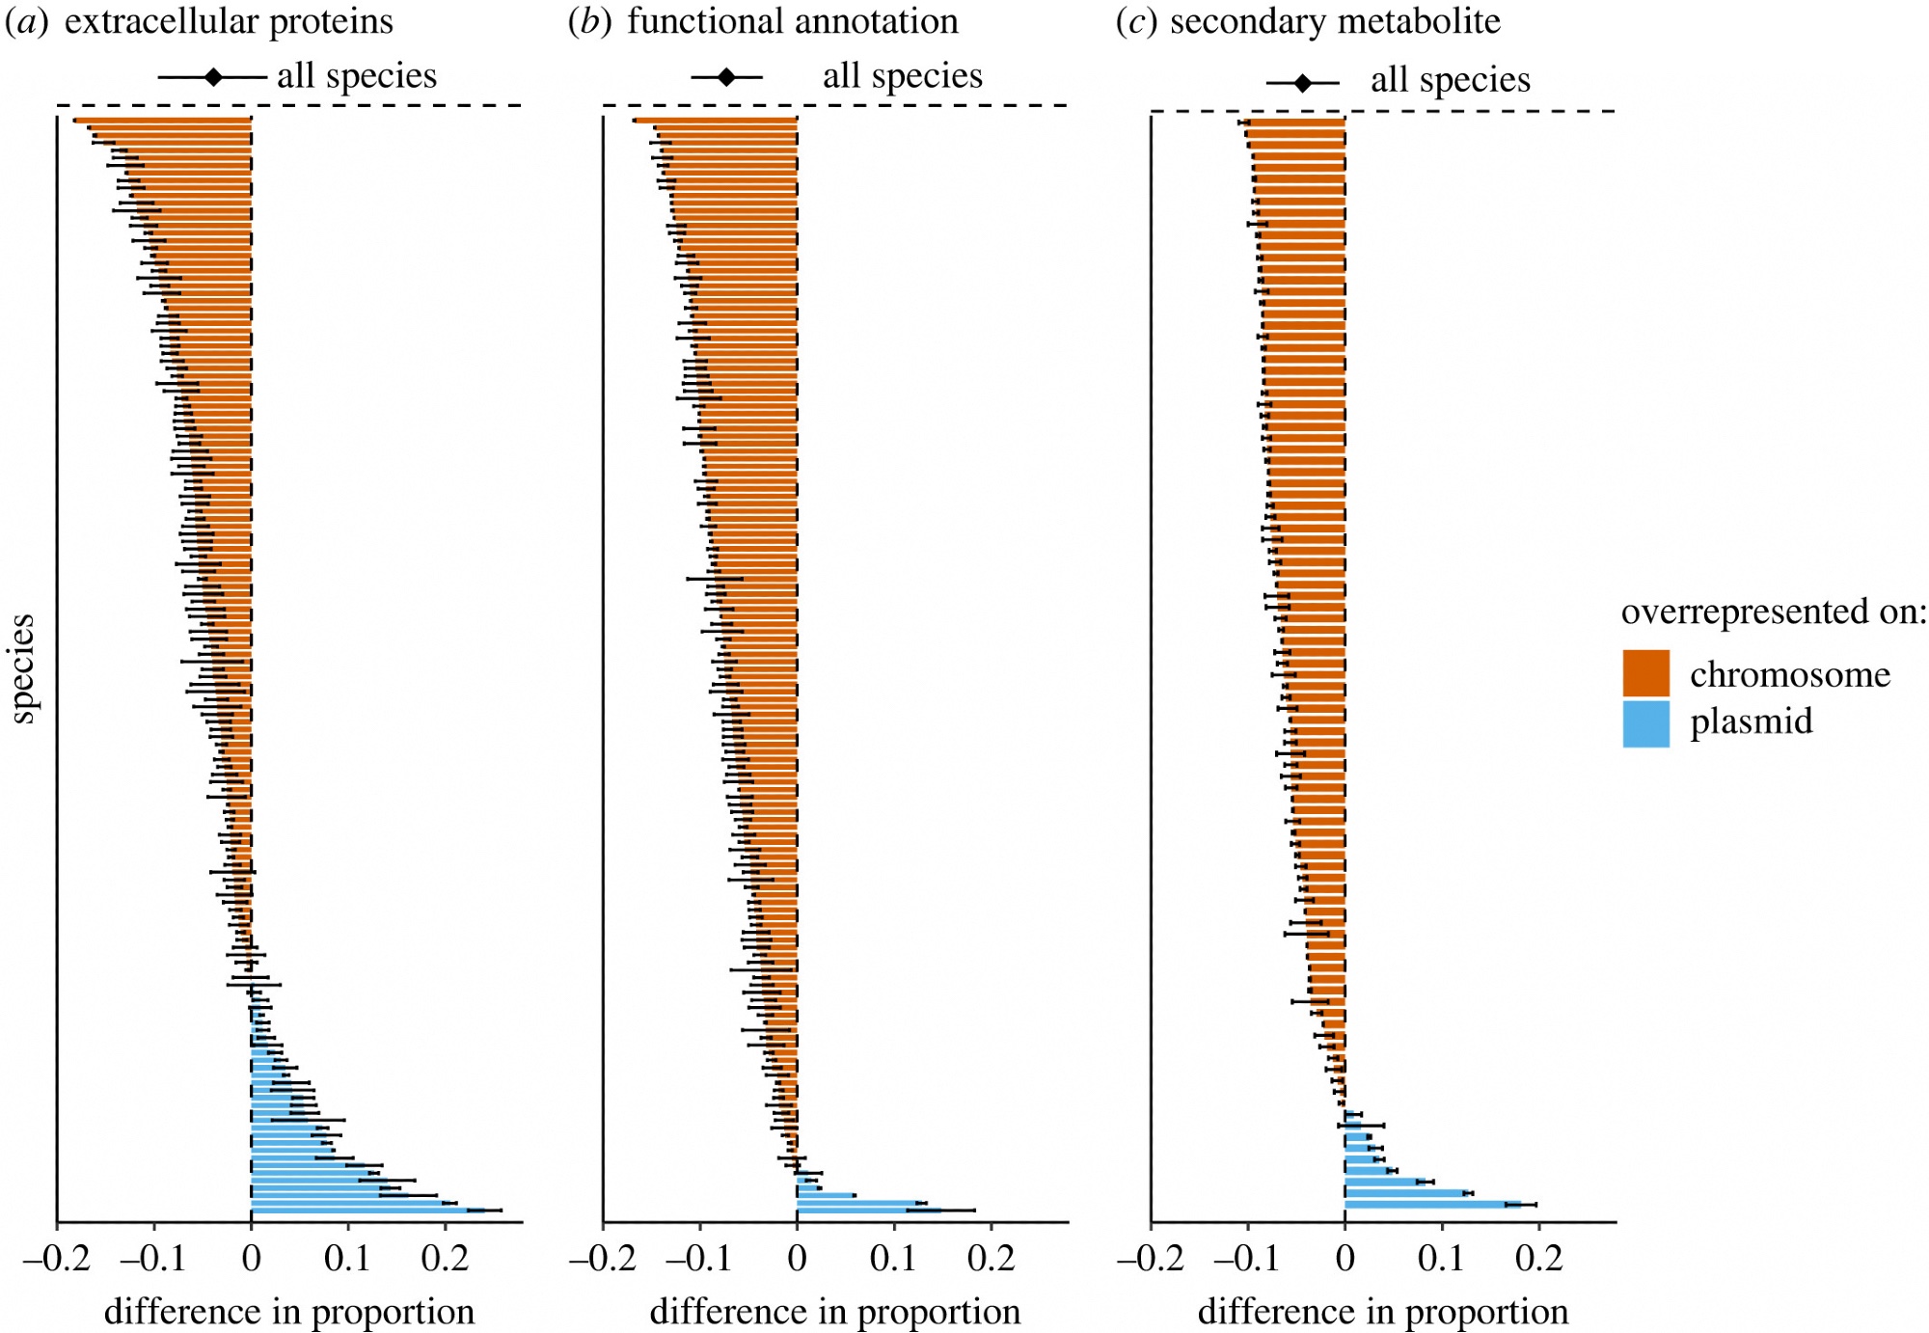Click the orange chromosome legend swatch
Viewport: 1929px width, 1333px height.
click(1645, 673)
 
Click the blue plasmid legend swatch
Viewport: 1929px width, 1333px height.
click(1645, 723)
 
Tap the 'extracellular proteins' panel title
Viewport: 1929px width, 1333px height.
click(229, 21)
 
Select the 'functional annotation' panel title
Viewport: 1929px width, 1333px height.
click(792, 21)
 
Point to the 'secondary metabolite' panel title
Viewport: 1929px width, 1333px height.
click(1335, 21)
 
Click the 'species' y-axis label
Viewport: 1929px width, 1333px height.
click(22, 668)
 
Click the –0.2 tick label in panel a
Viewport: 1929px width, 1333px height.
click(57, 1259)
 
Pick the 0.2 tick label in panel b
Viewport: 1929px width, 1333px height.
click(991, 1259)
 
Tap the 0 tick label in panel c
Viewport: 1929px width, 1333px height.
click(1345, 1259)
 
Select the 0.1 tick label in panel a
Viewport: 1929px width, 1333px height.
click(347, 1259)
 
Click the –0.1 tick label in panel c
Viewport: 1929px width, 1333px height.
click(1247, 1259)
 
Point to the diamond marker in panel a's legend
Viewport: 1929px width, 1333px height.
click(213, 77)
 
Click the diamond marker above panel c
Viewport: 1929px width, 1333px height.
click(1302, 84)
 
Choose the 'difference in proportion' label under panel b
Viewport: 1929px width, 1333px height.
click(835, 1312)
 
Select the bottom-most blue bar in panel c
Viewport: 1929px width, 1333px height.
click(1432, 1205)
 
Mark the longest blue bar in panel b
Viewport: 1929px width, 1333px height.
click(868, 1210)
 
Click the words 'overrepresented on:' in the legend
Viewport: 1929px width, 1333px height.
click(1773, 612)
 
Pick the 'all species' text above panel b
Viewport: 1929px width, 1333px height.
click(902, 76)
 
